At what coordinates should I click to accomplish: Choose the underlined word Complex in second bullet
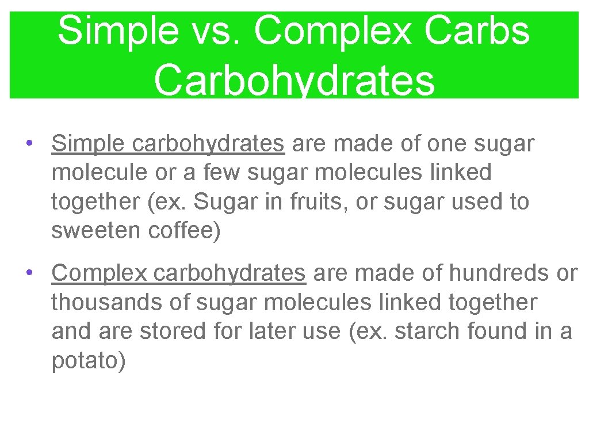100,273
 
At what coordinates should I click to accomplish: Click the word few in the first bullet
211,173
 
